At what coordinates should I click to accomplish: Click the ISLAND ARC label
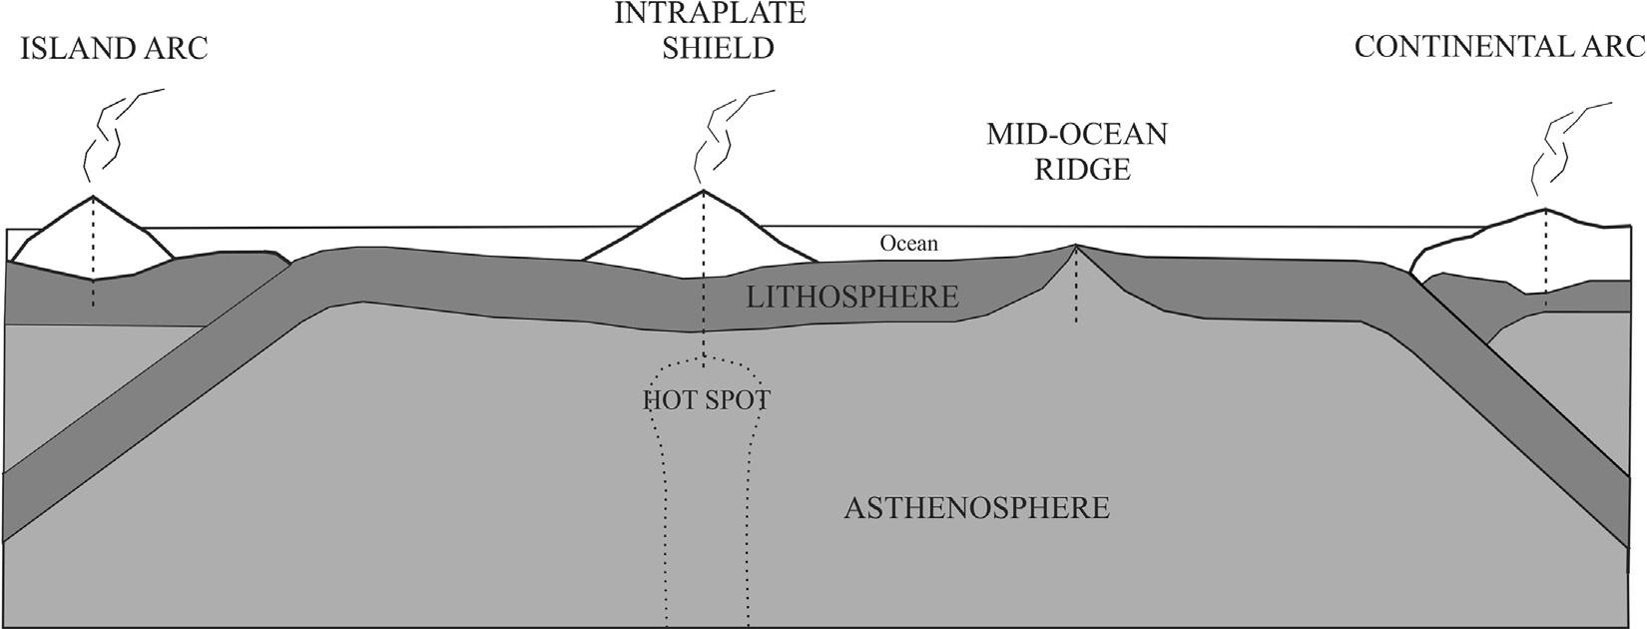coord(115,49)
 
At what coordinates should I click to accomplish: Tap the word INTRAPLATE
coord(710,13)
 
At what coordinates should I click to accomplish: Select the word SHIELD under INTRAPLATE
coord(719,49)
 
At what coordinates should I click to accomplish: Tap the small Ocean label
coord(908,243)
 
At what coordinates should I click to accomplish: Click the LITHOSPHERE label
coord(851,297)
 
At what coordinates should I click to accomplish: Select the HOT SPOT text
coord(706,401)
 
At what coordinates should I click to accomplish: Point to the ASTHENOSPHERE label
coord(976,507)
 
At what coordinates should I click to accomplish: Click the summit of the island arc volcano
coord(92,197)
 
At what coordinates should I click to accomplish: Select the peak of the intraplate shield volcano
coord(705,191)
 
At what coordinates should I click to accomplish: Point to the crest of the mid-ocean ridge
coord(1076,246)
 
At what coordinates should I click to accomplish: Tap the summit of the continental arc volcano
coord(1545,210)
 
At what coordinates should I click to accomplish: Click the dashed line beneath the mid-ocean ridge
coord(1076,290)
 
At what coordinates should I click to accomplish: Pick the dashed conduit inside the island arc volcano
coord(92,250)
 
